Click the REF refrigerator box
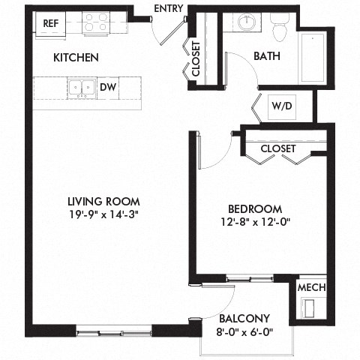tap(51, 22)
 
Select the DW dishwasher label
tap(108, 88)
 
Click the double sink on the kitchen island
tap(82, 88)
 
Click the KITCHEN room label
tap(76, 58)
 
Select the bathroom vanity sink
tap(247, 22)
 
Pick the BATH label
tap(267, 56)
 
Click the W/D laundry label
tap(283, 106)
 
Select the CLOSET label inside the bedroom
tap(277, 148)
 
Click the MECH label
tap(311, 287)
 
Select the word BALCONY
tap(244, 318)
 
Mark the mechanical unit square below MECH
tap(311, 308)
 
